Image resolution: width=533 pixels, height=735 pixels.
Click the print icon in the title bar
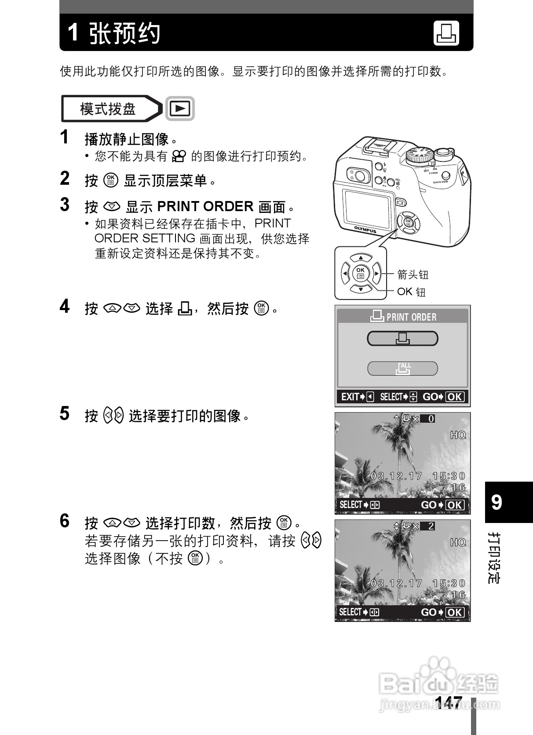tap(446, 33)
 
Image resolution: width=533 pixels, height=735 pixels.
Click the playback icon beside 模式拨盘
tap(180, 108)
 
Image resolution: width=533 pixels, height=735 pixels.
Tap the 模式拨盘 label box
tap(108, 109)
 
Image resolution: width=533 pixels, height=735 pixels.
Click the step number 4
tap(65, 306)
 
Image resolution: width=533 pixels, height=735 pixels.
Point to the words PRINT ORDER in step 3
tap(205, 206)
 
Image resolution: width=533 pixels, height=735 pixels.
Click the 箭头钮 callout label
tap(413, 275)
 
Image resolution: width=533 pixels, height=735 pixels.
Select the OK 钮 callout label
tap(411, 292)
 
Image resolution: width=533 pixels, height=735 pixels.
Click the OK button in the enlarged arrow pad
tap(360, 273)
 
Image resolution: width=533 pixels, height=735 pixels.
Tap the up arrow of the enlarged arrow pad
tap(360, 258)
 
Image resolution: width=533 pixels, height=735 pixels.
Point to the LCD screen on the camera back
tap(366, 206)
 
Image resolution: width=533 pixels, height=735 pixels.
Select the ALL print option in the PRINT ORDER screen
tap(402, 369)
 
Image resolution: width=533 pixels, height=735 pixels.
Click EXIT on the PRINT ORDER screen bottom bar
tap(350, 397)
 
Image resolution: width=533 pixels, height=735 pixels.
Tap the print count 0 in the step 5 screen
tap(431, 419)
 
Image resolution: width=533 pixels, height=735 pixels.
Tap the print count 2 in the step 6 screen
tap(431, 526)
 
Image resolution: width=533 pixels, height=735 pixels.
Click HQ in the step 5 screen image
tap(458, 435)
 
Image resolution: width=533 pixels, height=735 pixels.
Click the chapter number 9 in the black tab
tap(496, 502)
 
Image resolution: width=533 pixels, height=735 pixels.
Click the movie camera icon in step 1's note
tap(179, 156)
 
